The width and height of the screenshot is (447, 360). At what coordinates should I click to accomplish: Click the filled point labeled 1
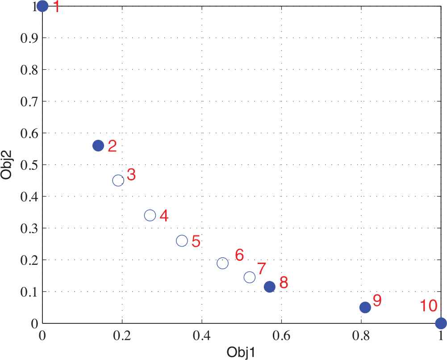click(x=42, y=6)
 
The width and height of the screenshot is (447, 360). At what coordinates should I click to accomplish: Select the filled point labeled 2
click(x=98, y=145)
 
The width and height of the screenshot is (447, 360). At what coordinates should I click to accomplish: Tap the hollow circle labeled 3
click(x=118, y=180)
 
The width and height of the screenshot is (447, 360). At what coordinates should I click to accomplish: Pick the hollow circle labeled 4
click(x=150, y=215)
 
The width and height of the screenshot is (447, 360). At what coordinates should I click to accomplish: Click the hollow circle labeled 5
click(x=182, y=241)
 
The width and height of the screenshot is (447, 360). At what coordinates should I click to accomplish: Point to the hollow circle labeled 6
click(x=222, y=263)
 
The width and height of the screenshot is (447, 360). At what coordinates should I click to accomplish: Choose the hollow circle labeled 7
click(x=250, y=277)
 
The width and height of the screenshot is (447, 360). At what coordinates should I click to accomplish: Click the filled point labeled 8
click(x=269, y=286)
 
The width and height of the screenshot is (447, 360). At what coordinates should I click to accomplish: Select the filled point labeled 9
click(x=365, y=307)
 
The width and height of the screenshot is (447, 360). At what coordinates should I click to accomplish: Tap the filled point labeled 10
click(x=441, y=323)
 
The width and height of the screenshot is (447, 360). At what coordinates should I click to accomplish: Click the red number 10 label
click(x=428, y=306)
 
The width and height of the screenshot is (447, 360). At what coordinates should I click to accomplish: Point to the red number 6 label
click(x=239, y=255)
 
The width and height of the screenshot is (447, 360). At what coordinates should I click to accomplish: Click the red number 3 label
click(x=131, y=175)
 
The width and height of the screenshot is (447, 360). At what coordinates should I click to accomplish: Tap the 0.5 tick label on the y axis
click(x=29, y=165)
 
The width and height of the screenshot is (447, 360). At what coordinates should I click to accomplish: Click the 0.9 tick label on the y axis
click(x=29, y=38)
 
